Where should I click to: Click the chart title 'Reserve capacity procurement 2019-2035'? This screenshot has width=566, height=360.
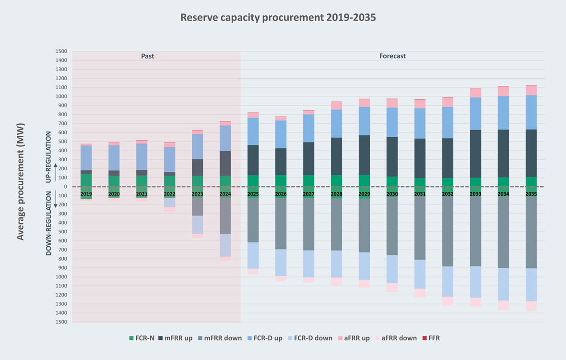278,18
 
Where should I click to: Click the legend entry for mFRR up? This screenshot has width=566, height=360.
175,338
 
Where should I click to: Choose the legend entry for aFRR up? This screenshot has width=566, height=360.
355,338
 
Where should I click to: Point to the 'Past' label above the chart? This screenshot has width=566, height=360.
148,56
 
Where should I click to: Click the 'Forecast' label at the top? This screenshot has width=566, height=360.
392,56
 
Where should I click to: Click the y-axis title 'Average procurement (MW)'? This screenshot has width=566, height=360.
21,182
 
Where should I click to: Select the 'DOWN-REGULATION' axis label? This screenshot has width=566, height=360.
48,223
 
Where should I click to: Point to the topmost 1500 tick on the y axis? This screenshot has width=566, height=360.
61,51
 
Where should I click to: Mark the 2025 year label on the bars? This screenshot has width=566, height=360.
253,194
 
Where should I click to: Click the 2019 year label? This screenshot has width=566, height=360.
86,194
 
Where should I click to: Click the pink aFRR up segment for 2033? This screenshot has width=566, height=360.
475,93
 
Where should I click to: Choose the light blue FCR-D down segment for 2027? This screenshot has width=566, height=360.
309,264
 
